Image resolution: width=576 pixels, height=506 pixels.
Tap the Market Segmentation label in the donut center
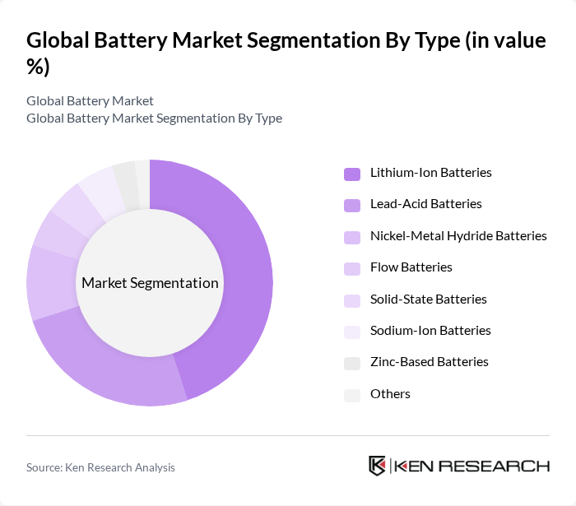pyautogui.click(x=150, y=283)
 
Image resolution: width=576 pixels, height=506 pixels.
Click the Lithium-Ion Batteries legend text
pyautogui.click(x=430, y=173)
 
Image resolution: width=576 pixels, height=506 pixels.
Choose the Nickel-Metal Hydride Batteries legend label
pyautogui.click(x=458, y=236)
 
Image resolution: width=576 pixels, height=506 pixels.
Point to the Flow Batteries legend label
pyautogui.click(x=411, y=267)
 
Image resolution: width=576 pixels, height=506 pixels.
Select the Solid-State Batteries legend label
pyautogui.click(x=428, y=299)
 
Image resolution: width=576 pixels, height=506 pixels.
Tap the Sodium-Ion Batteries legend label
pyautogui.click(x=430, y=331)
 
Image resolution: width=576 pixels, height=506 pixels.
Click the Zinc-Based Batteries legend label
pyautogui.click(x=429, y=362)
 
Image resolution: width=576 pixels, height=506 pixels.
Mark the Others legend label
pyautogui.click(x=390, y=394)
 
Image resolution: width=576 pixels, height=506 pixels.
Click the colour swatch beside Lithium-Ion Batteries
pyautogui.click(x=352, y=174)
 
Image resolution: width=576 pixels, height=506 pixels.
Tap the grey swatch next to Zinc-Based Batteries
pyautogui.click(x=352, y=363)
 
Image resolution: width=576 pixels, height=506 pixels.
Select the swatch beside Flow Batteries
pyautogui.click(x=352, y=268)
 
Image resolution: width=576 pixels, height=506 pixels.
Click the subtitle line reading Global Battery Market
pyautogui.click(x=90, y=100)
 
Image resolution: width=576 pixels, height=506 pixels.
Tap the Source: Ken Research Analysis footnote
pyautogui.click(x=100, y=467)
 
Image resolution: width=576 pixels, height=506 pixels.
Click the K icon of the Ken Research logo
pyautogui.click(x=377, y=466)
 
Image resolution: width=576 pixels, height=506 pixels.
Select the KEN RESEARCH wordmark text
pyautogui.click(x=471, y=467)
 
